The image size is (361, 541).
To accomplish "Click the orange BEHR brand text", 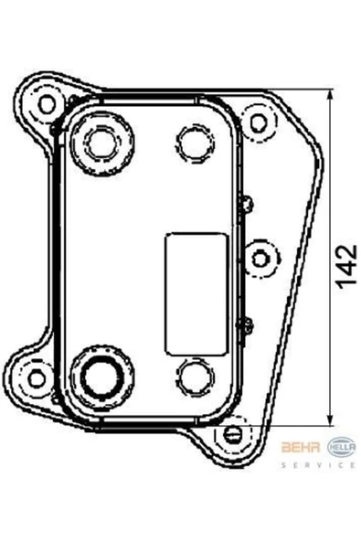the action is pyautogui.click(x=301, y=448).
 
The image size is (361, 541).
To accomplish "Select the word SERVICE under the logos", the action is pyautogui.click(x=318, y=465).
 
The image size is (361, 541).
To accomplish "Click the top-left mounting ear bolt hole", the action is pyautogui.click(x=47, y=104).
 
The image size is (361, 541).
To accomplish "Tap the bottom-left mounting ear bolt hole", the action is pyautogui.click(x=37, y=378).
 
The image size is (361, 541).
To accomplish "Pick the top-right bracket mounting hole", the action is pyautogui.click(x=258, y=122).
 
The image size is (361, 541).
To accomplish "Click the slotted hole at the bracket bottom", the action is pyautogui.click(x=231, y=434).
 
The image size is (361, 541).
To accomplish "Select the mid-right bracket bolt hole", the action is pyautogui.click(x=260, y=259).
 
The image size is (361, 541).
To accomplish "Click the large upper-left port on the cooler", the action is pyautogui.click(x=102, y=143).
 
